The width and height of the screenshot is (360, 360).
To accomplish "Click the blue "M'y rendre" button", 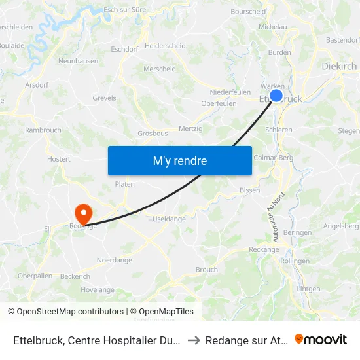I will click(179, 160).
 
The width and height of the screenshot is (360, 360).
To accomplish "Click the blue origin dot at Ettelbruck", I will click(276, 96).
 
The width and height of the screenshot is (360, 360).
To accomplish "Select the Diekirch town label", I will click(339, 66).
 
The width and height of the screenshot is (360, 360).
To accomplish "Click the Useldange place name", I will click(169, 219).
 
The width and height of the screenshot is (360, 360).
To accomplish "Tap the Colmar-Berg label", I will click(273, 157).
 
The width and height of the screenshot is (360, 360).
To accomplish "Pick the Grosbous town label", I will click(153, 133).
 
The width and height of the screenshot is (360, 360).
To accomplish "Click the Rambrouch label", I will click(43, 130).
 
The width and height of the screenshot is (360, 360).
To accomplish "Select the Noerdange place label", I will click(114, 260).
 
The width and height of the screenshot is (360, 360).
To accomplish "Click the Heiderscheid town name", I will click(165, 46).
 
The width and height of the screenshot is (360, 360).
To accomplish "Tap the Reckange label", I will click(264, 249).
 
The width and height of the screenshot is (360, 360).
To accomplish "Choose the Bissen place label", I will click(249, 190).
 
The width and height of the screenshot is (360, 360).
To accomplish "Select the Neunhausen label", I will click(78, 61).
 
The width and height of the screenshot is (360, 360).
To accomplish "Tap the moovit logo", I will click(321, 340).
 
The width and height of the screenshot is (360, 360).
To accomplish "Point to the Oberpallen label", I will click(35, 276).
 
